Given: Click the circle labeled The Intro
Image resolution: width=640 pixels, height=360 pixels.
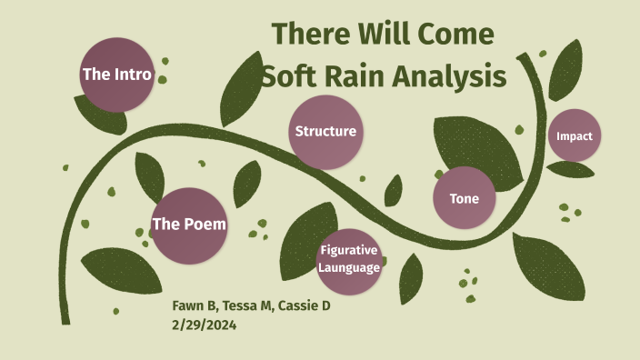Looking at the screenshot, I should click(116, 75).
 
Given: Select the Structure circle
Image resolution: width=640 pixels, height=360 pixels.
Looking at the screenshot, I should click(325, 132).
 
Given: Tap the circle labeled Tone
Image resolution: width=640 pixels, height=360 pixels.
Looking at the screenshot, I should click(464, 198).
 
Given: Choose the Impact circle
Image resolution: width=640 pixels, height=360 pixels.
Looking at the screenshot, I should click(575, 136).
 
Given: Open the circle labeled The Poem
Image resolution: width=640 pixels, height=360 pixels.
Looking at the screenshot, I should click(189, 225).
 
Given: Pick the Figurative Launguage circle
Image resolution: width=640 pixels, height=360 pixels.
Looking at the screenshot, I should click(348, 260).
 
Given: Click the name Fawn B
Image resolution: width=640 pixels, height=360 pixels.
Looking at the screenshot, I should click(195, 305).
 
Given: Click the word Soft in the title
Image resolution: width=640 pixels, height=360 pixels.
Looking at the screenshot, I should click(285, 77).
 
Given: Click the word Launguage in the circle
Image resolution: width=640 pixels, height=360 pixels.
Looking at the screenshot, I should click(348, 267).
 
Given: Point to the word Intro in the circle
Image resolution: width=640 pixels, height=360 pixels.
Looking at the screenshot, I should click(131, 75).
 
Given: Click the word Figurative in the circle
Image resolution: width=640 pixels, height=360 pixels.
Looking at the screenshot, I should click(348, 251).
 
